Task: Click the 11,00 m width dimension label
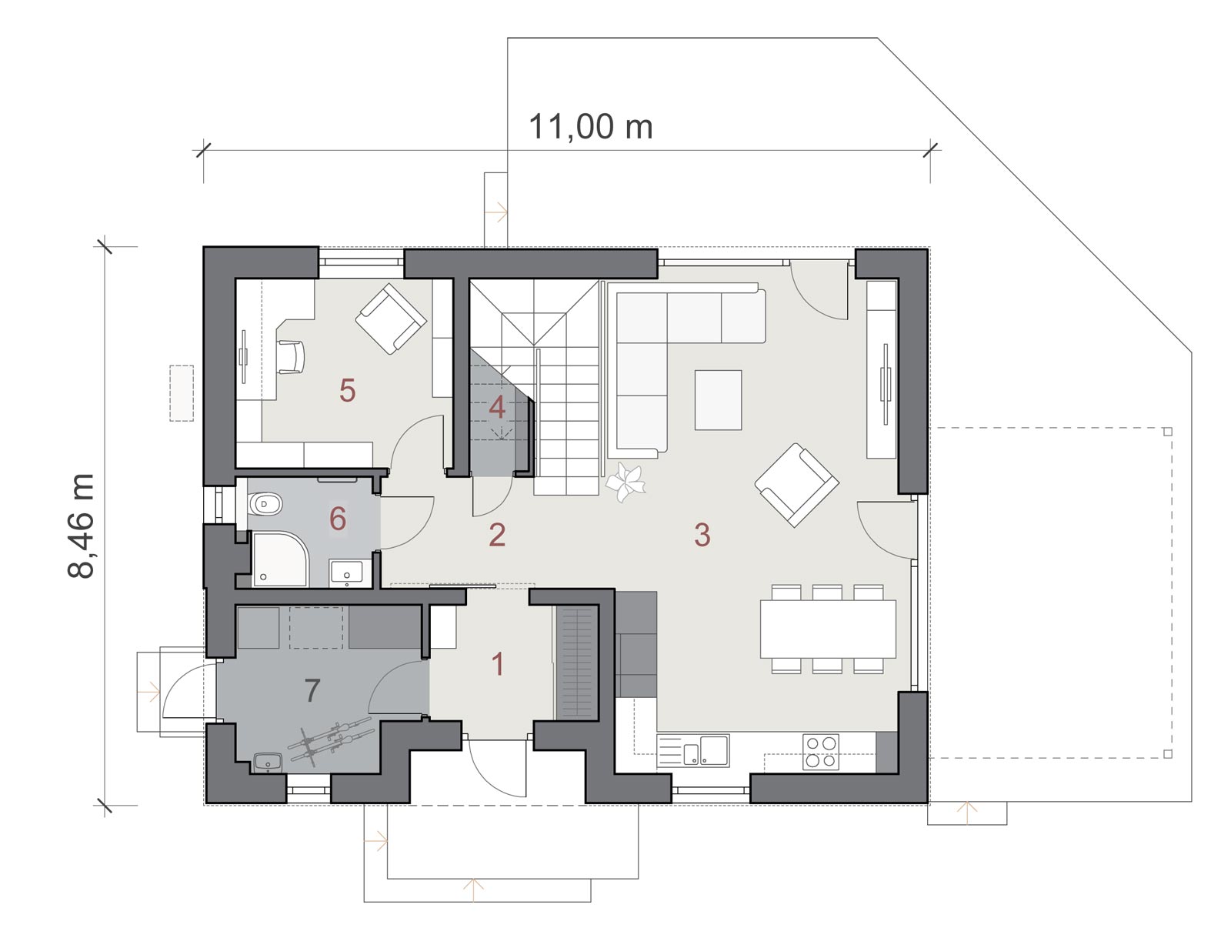pyautogui.click(x=591, y=127)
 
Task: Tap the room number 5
pyautogui.click(x=347, y=390)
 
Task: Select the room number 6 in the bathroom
pyautogui.click(x=337, y=519)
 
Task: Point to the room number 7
pyautogui.click(x=312, y=690)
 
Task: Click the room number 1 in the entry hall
pyautogui.click(x=498, y=664)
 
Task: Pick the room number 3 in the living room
pyautogui.click(x=702, y=535)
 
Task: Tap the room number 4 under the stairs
pyautogui.click(x=497, y=408)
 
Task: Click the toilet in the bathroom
pyautogui.click(x=263, y=504)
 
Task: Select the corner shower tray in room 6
pyautogui.click(x=279, y=559)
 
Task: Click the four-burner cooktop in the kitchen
pyautogui.click(x=820, y=752)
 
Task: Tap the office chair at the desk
pyautogui.click(x=291, y=356)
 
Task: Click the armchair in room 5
pyautogui.click(x=391, y=318)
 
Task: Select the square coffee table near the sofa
pyautogui.click(x=718, y=400)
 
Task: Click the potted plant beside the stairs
pyautogui.click(x=626, y=482)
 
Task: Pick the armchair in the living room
pyautogui.click(x=796, y=485)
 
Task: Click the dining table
pyautogui.click(x=828, y=629)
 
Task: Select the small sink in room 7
pyautogui.click(x=268, y=763)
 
